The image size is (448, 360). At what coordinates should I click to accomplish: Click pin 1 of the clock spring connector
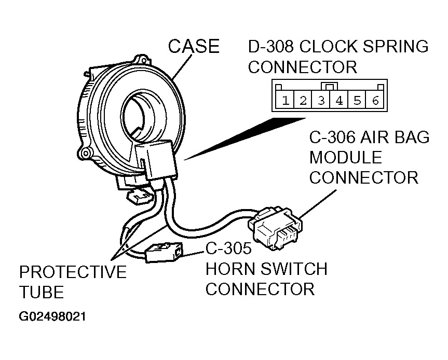(285, 100)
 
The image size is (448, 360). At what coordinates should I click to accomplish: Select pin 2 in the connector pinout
(303, 100)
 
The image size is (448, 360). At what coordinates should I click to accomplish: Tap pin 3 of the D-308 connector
(321, 100)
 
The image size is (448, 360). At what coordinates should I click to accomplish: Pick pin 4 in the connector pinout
(339, 100)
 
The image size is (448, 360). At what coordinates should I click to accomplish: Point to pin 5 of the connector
(357, 100)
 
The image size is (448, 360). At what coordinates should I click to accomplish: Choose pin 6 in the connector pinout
(375, 100)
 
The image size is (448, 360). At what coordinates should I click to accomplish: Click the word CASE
(194, 46)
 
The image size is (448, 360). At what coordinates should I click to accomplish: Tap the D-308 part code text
(270, 47)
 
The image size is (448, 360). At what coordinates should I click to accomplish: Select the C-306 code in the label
(332, 137)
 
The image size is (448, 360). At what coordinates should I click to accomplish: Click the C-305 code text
(228, 248)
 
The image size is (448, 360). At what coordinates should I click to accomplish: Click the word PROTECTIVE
(73, 272)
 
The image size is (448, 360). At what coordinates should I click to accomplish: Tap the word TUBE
(42, 292)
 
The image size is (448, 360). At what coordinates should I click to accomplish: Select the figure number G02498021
(52, 316)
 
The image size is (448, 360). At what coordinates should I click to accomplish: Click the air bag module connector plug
(275, 228)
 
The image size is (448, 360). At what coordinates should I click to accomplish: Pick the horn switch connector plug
(164, 252)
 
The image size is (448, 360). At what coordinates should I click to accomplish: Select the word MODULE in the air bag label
(346, 157)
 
